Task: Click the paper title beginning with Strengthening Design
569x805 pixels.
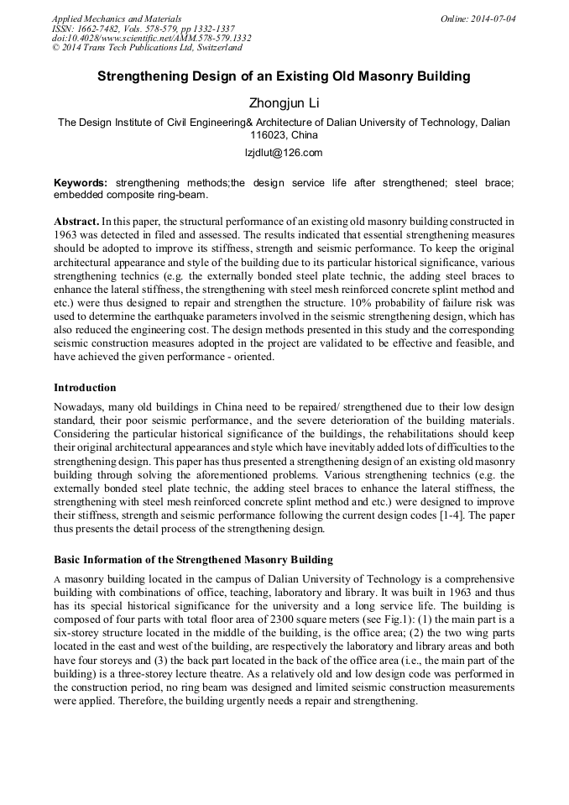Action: (x=284, y=76)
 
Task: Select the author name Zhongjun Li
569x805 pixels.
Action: (x=284, y=103)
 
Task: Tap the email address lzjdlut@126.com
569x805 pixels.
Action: (x=284, y=153)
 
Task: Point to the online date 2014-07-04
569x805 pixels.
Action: (x=494, y=18)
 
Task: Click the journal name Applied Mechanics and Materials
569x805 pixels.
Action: (x=117, y=18)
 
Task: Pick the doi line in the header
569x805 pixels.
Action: (x=151, y=39)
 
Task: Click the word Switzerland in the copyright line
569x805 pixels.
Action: (x=213, y=49)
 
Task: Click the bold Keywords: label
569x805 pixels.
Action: (x=81, y=182)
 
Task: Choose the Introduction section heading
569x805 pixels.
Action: (x=85, y=387)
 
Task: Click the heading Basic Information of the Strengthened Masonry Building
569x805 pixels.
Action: (x=193, y=559)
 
